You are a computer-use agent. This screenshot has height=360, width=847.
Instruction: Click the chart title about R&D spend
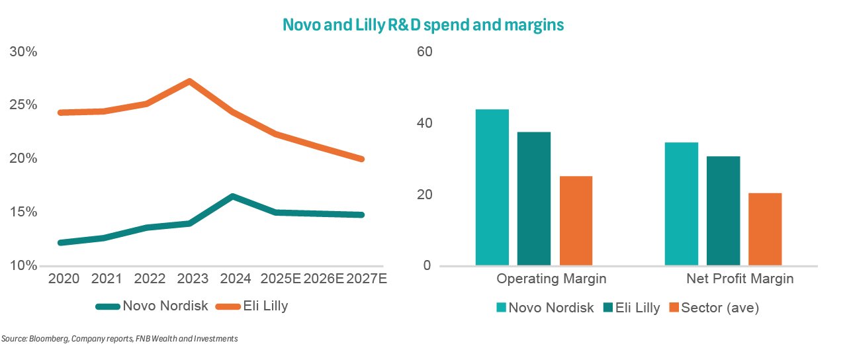click(x=423, y=25)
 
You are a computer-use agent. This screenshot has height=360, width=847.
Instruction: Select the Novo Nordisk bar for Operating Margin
click(x=492, y=187)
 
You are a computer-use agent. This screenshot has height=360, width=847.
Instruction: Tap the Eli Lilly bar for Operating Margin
click(x=534, y=199)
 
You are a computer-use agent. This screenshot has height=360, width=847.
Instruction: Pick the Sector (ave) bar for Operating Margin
click(x=576, y=221)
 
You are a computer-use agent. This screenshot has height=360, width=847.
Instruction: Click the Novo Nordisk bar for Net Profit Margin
click(x=681, y=204)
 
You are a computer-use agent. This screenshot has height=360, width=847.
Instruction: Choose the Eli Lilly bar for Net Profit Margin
click(x=723, y=211)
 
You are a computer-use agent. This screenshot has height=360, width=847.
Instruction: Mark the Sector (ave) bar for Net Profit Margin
click(x=765, y=229)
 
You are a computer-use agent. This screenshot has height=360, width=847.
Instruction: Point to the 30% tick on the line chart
click(x=23, y=52)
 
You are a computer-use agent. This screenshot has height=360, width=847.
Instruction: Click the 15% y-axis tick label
click(x=23, y=212)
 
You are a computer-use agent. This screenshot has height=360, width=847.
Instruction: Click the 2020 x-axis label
click(x=64, y=279)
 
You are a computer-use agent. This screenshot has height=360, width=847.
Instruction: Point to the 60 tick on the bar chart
click(x=423, y=52)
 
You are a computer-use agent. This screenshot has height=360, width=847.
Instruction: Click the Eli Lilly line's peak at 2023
click(x=189, y=81)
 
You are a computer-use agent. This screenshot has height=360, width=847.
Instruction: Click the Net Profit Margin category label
click(x=739, y=279)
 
